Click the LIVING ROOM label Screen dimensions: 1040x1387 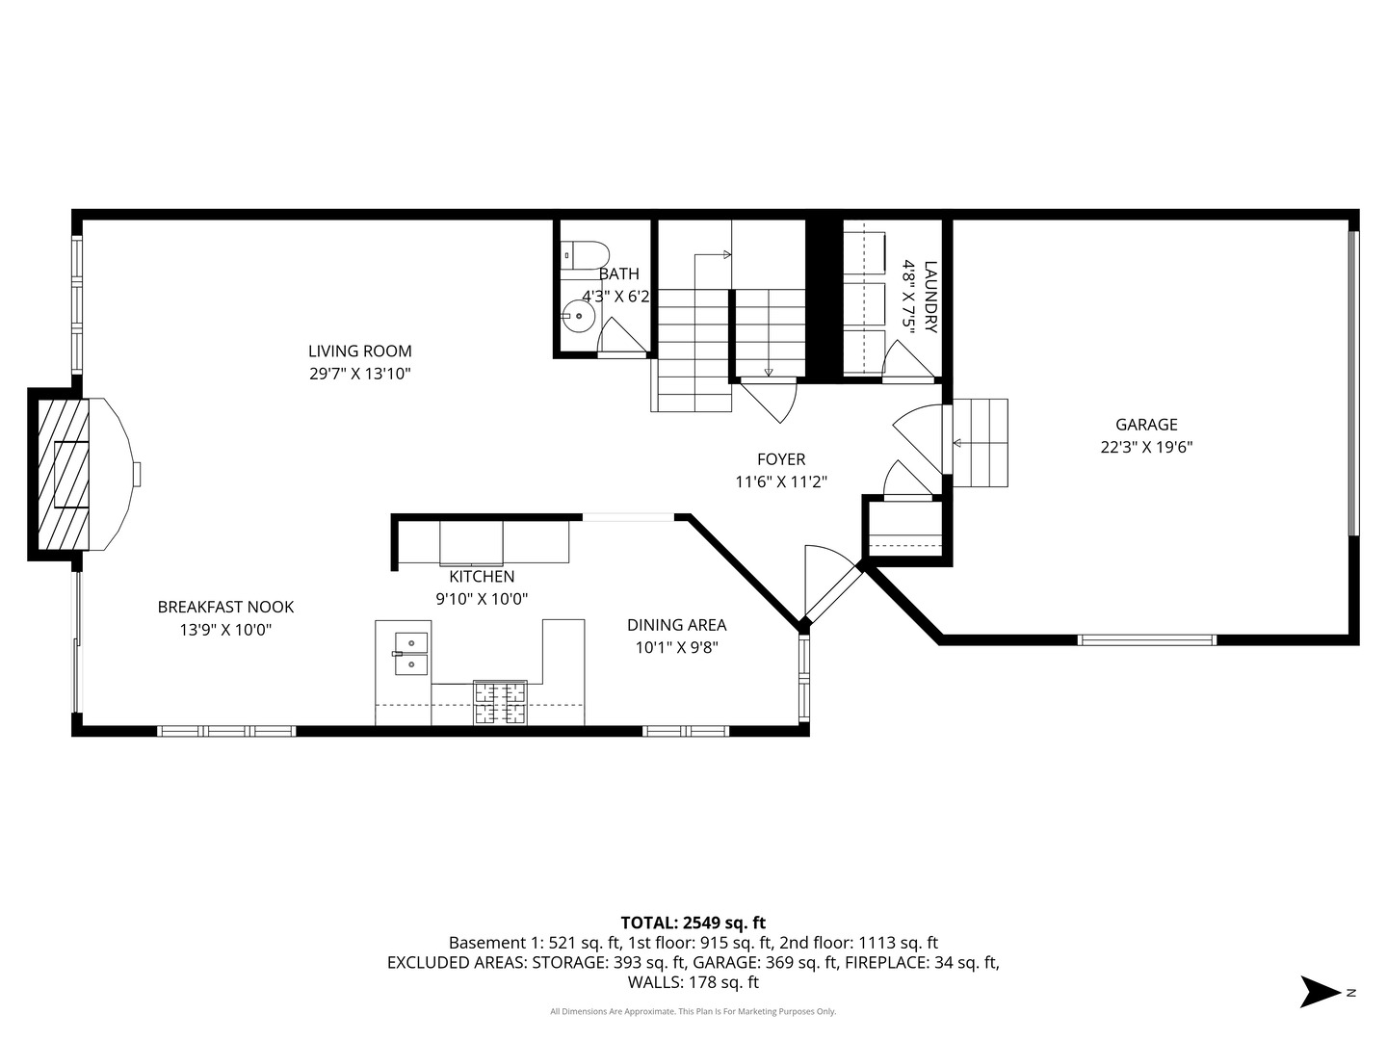(x=359, y=351)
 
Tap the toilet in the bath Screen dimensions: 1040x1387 (x=586, y=255)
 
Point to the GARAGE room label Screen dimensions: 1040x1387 (x=1146, y=425)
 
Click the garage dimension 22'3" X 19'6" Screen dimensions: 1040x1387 (x=1146, y=447)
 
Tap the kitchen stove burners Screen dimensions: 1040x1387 (x=499, y=702)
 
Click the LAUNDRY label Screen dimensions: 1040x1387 (x=929, y=297)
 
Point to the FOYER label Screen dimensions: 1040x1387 (x=780, y=459)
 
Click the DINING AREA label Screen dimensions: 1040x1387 (x=676, y=625)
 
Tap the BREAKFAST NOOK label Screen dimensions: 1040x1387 (x=225, y=607)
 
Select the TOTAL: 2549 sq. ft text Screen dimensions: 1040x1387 (x=693, y=923)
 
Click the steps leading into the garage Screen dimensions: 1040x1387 (x=980, y=443)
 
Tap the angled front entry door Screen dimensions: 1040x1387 (x=830, y=589)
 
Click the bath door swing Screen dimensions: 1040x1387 (x=619, y=337)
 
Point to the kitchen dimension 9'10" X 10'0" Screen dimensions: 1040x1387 (x=482, y=599)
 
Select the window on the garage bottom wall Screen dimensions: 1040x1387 (x=1146, y=639)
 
